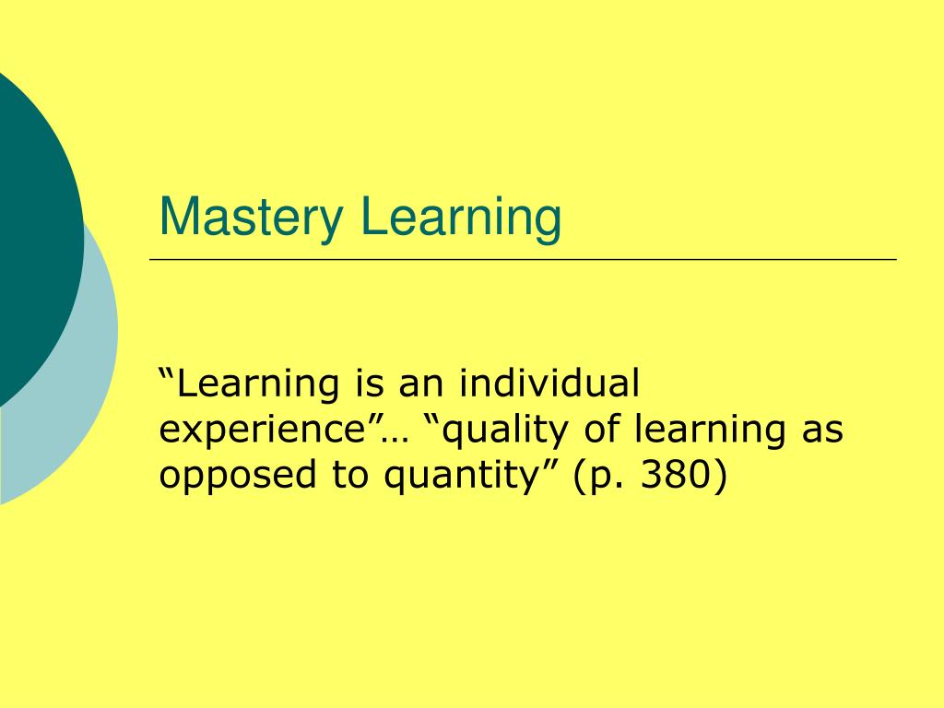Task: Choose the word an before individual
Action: click(x=419, y=383)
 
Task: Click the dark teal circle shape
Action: click(x=32, y=230)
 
